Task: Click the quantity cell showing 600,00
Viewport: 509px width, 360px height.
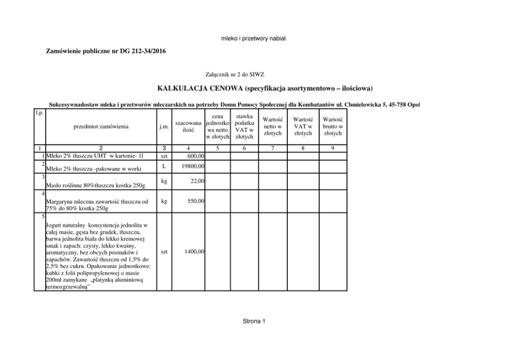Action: pyautogui.click(x=195, y=156)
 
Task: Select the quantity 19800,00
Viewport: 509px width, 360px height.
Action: pyautogui.click(x=193, y=166)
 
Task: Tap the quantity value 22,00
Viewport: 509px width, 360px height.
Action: pyautogui.click(x=198, y=181)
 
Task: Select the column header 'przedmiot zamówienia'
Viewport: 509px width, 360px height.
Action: pyautogui.click(x=101, y=126)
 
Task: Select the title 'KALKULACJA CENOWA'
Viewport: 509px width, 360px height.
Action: pyautogui.click(x=199, y=89)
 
